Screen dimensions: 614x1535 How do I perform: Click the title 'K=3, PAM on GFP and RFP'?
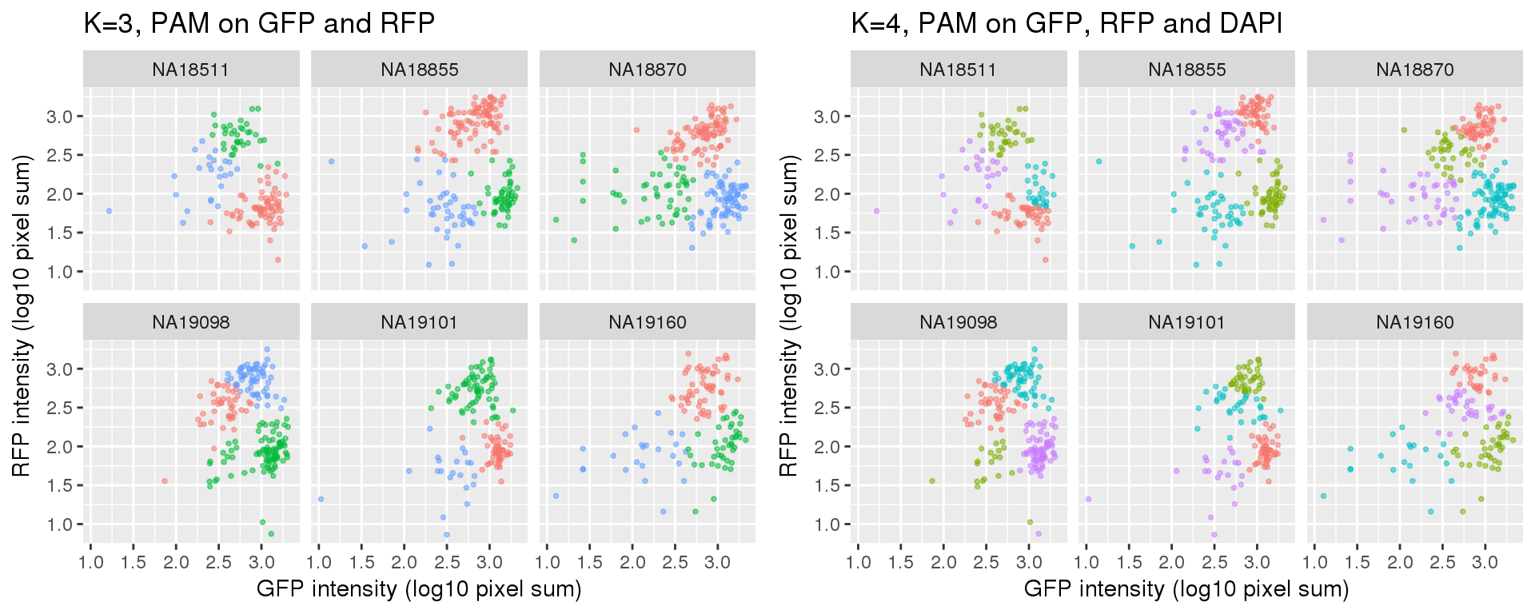point(259,23)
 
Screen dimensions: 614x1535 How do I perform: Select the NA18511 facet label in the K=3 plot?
point(190,70)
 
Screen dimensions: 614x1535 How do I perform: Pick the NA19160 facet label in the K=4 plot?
point(1414,322)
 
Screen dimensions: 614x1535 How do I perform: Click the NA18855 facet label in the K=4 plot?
point(1186,70)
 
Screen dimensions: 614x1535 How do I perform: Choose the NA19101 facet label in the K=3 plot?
point(419,322)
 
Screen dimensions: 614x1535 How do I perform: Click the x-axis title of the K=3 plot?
point(419,589)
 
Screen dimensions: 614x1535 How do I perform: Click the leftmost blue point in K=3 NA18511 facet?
point(109,211)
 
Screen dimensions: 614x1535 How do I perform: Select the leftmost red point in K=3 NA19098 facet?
point(165,480)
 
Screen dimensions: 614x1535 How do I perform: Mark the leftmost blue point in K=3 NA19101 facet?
point(321,499)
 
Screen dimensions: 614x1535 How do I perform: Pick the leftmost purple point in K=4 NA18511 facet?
point(876,211)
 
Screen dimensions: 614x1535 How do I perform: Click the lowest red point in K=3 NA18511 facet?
point(277,260)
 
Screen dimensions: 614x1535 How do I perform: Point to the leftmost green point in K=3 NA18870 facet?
point(556,219)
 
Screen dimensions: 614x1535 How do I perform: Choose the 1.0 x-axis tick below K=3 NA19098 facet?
point(91,562)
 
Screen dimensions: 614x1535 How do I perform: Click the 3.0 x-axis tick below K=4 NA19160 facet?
point(1485,562)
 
